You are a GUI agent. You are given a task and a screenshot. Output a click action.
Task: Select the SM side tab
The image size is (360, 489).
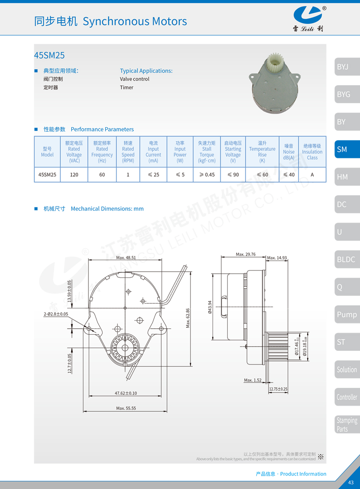[x=347, y=149]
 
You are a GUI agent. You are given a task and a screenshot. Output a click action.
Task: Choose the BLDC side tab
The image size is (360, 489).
[x=347, y=259]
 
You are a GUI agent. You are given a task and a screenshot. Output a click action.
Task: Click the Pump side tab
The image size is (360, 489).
[x=347, y=314]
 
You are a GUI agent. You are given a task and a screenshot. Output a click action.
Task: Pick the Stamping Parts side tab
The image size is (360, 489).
[x=347, y=424]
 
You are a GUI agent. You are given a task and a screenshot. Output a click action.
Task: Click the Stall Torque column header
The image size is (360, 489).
[x=206, y=152]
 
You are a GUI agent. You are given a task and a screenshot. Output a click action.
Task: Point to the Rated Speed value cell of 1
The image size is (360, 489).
[x=128, y=175]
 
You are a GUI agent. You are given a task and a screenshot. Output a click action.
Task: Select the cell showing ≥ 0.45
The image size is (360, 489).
[x=206, y=175]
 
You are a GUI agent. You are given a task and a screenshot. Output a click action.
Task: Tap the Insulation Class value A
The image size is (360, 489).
[x=312, y=175]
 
